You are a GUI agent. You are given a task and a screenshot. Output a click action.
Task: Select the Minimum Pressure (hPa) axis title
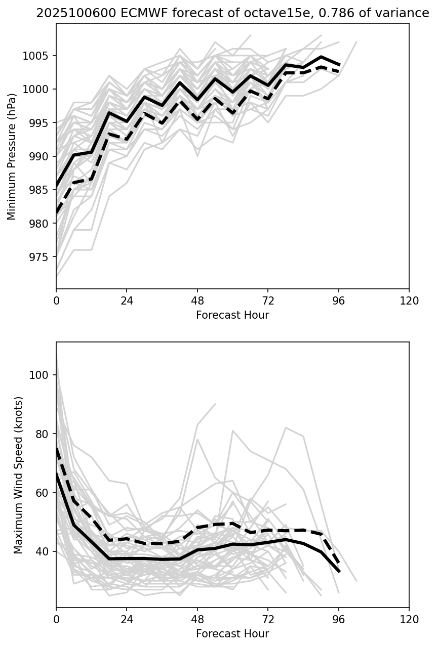click(x=12, y=156)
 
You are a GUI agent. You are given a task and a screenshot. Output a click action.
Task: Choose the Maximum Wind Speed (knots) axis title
click(x=18, y=475)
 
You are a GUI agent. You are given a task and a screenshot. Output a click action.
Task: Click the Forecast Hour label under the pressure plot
click(x=232, y=315)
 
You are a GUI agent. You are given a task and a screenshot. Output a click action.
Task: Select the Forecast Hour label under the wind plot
click(x=232, y=634)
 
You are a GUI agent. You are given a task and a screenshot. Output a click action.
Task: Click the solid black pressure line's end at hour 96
click(x=339, y=65)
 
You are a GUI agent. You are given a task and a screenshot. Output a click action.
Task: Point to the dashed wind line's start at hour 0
click(x=57, y=449)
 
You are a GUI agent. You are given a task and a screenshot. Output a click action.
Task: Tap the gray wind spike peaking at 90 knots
click(x=215, y=404)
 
